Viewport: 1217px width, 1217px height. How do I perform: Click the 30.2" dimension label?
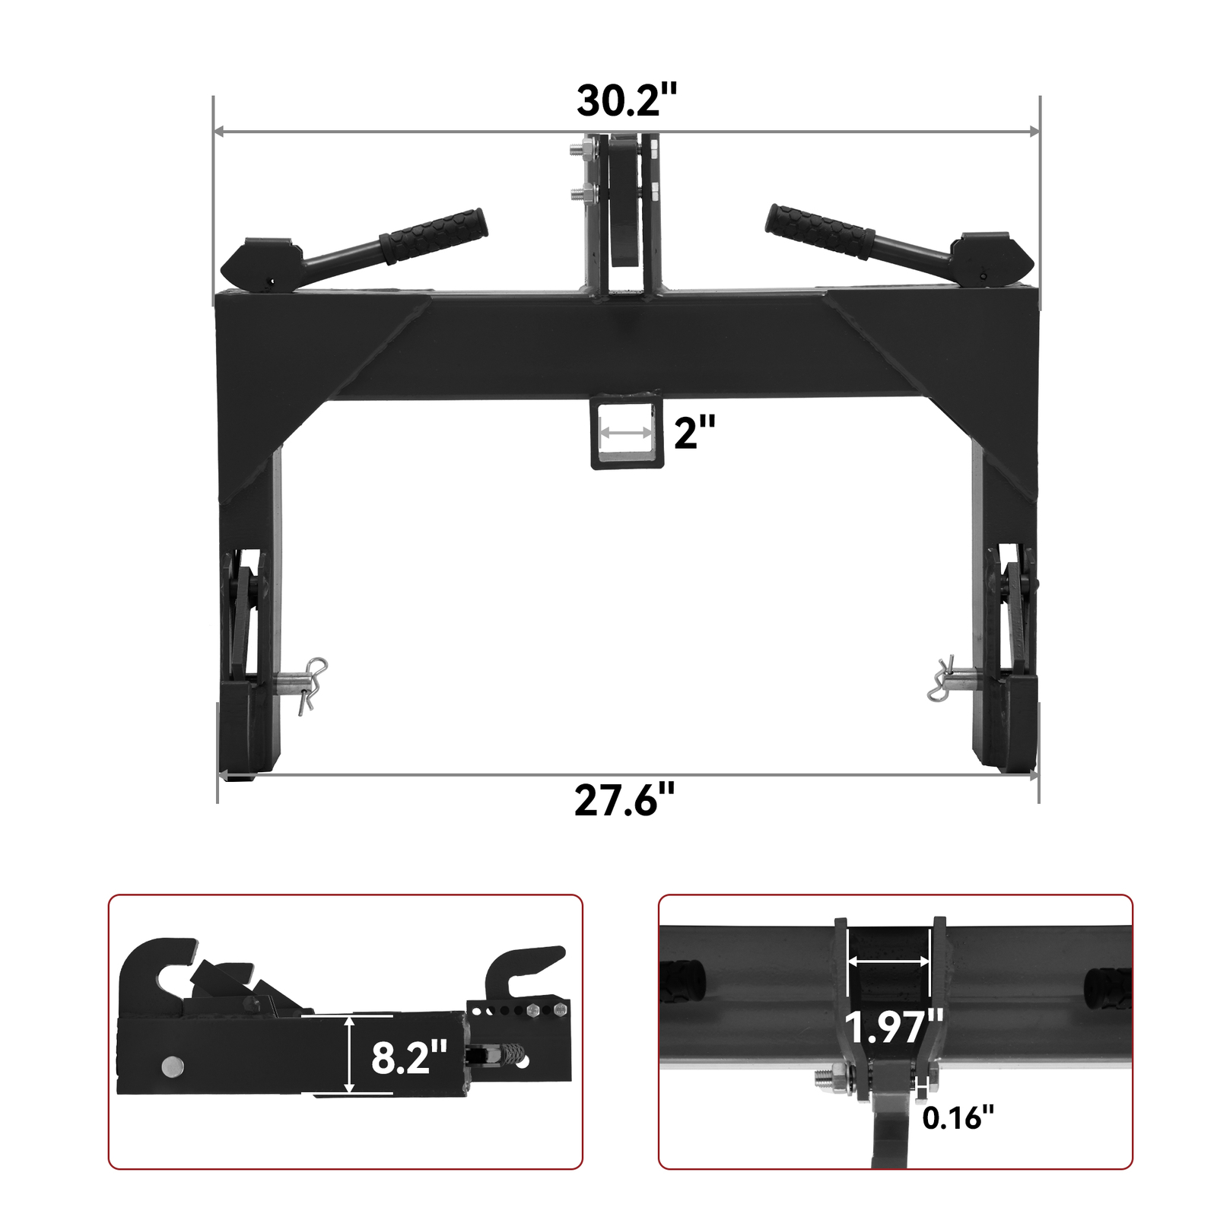[x=626, y=100]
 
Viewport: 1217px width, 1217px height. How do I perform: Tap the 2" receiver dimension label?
[x=694, y=433]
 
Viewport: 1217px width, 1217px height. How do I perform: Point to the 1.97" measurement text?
[x=894, y=1028]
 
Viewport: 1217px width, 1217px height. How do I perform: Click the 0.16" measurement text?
[x=958, y=1117]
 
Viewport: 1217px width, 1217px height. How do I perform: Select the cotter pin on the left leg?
[x=312, y=683]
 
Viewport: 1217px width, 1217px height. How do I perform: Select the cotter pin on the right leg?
[x=942, y=679]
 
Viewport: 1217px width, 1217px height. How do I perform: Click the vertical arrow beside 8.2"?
[x=349, y=1057]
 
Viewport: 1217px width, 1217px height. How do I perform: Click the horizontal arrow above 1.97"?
[x=889, y=961]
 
